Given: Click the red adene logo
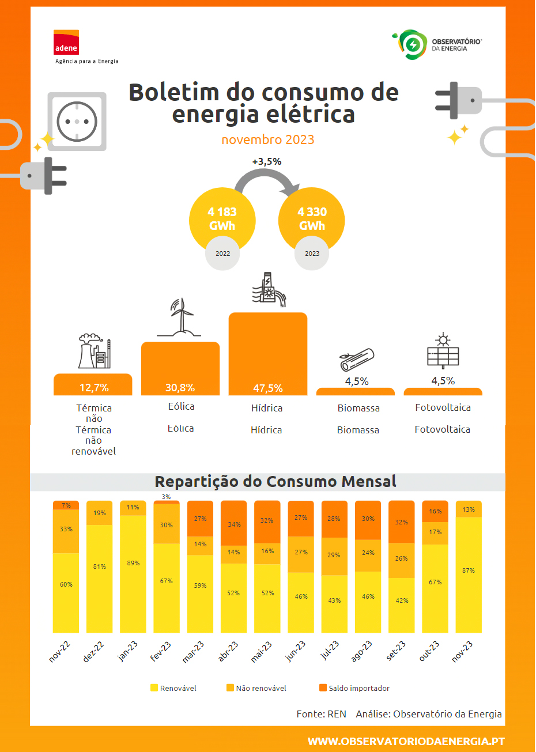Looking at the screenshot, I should [66, 43].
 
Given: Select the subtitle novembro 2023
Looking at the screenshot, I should [268, 139].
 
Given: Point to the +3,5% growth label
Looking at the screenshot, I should [267, 162].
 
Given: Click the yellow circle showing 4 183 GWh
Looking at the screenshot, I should [222, 220].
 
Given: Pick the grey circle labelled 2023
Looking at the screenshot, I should [312, 254].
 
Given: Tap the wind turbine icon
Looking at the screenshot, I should [181, 318].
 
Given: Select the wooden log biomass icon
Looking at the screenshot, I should [357, 360].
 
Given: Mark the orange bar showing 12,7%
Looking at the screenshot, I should [93, 385].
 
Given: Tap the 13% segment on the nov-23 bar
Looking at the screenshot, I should [469, 509].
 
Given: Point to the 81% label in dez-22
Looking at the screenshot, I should [100, 566].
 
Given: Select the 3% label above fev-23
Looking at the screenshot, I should [166, 497].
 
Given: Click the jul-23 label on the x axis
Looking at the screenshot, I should [330, 651].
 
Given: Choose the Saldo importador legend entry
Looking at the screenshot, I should [354, 688].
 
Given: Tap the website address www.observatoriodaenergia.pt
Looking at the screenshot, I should [406, 741].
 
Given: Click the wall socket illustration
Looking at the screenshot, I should [77, 122].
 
